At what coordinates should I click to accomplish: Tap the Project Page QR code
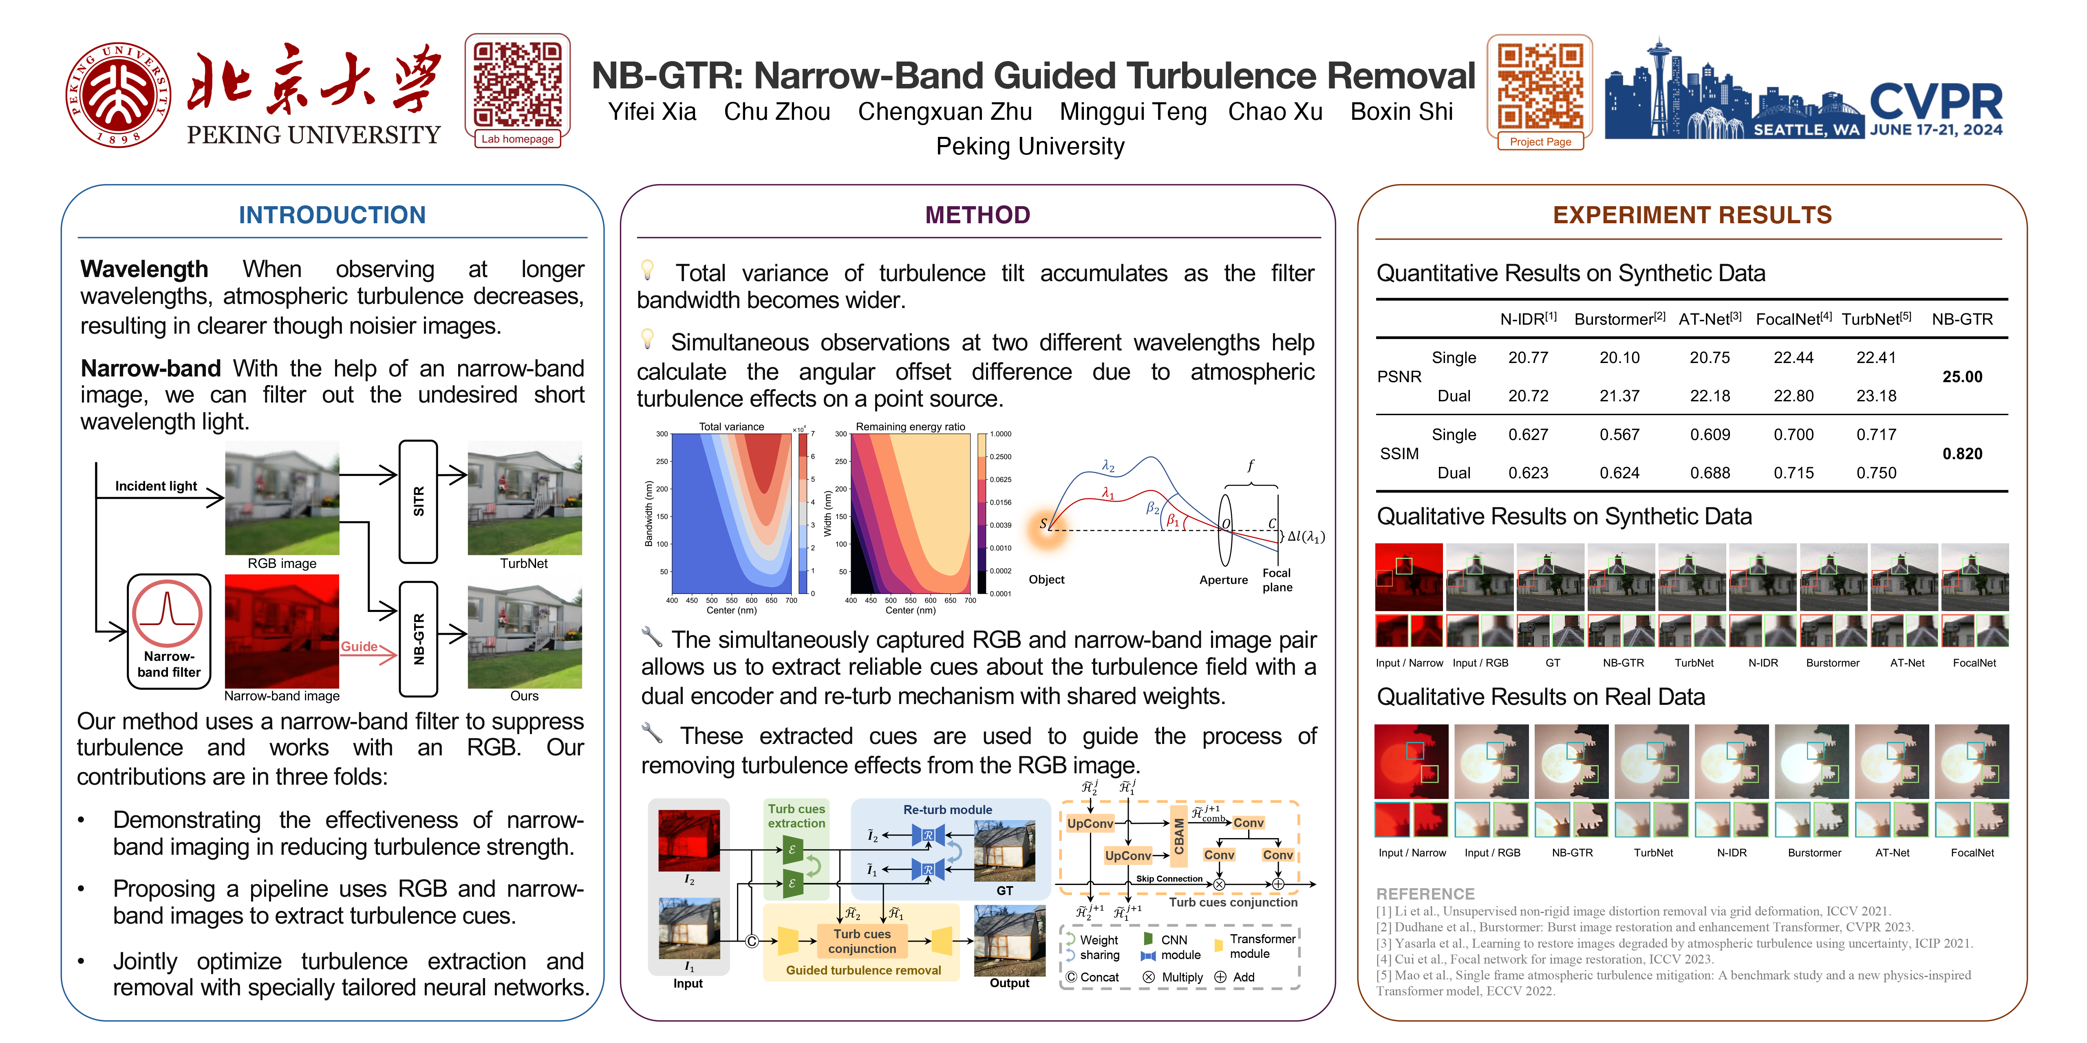point(1539,87)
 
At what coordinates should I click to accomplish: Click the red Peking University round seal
point(118,95)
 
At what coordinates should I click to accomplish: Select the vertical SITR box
point(418,501)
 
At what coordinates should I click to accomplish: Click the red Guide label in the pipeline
point(359,646)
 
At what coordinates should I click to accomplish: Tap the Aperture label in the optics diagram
point(1222,580)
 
